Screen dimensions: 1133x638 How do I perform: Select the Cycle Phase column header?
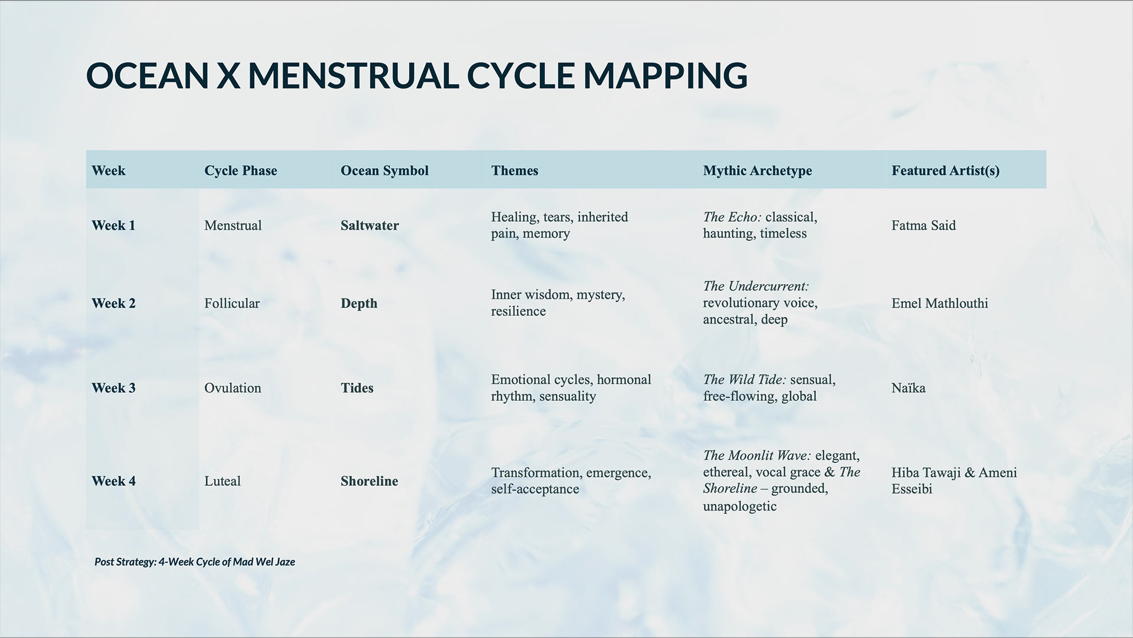coord(240,170)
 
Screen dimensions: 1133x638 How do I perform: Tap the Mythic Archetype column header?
coord(757,170)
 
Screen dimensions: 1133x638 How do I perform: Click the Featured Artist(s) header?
coord(945,170)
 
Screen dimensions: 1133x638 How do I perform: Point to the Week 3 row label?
coord(113,388)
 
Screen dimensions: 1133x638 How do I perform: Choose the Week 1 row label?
coord(113,225)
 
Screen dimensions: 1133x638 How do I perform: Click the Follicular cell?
coord(231,303)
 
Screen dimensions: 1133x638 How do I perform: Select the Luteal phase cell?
coord(222,481)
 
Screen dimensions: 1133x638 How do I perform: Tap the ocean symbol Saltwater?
coord(369,225)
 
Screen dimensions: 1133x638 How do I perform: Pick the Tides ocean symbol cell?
coord(357,388)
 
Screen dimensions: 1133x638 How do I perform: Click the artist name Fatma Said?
coord(923,225)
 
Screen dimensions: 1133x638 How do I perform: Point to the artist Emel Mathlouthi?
coord(939,303)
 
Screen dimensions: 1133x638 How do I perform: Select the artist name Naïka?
coord(908,388)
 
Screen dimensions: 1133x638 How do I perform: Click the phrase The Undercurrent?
coord(755,287)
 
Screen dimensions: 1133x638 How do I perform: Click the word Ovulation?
coord(233,388)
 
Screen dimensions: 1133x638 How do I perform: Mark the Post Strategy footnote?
coord(194,562)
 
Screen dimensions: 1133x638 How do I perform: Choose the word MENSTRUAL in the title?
coord(353,75)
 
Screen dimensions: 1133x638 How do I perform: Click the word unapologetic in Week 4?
coord(739,506)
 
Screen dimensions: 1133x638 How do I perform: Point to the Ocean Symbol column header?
coord(384,170)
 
